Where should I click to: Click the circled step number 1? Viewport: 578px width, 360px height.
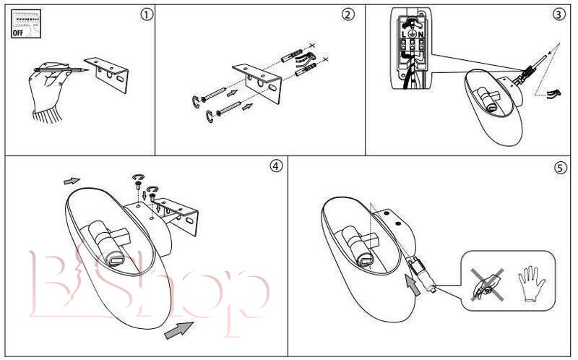point(147,14)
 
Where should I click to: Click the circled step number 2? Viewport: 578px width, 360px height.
point(349,14)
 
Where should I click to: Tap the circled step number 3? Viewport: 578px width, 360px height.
point(558,14)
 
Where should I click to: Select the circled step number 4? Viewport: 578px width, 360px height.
point(275,166)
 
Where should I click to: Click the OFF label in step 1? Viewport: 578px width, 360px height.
point(20,33)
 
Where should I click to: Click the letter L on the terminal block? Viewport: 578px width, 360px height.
point(403,34)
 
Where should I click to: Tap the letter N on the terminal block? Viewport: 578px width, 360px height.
point(426,34)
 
